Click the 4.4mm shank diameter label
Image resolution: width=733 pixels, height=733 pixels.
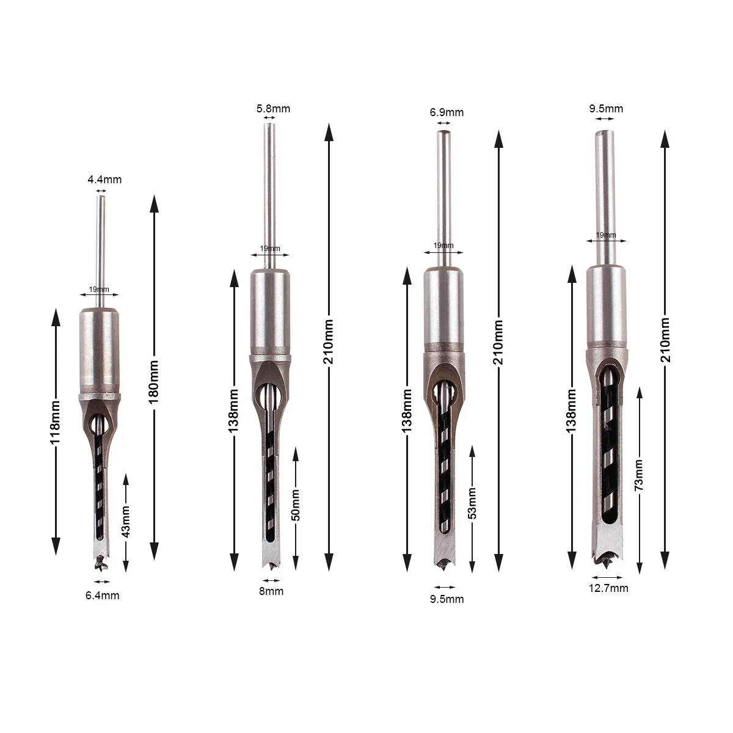tap(104, 180)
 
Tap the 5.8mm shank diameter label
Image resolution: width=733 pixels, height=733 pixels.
tap(273, 109)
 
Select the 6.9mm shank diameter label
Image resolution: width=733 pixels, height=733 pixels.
tap(447, 112)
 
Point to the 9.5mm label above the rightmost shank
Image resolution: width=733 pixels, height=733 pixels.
tap(606, 109)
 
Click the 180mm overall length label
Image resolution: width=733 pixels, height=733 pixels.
tap(154, 380)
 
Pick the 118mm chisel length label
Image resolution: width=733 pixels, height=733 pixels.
tap(56, 431)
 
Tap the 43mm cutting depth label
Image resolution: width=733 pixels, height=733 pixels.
tap(126, 522)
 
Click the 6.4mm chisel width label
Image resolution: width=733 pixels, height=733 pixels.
tap(102, 595)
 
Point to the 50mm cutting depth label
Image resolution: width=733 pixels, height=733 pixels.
tap(296, 505)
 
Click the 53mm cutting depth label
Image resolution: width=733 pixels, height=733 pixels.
tap(472, 505)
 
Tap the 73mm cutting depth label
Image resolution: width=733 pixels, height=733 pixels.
tap(639, 475)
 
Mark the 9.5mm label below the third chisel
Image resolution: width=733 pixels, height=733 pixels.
tap(447, 599)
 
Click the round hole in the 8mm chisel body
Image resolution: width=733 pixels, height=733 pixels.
tap(269, 393)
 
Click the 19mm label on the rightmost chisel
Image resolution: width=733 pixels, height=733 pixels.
tap(605, 235)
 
